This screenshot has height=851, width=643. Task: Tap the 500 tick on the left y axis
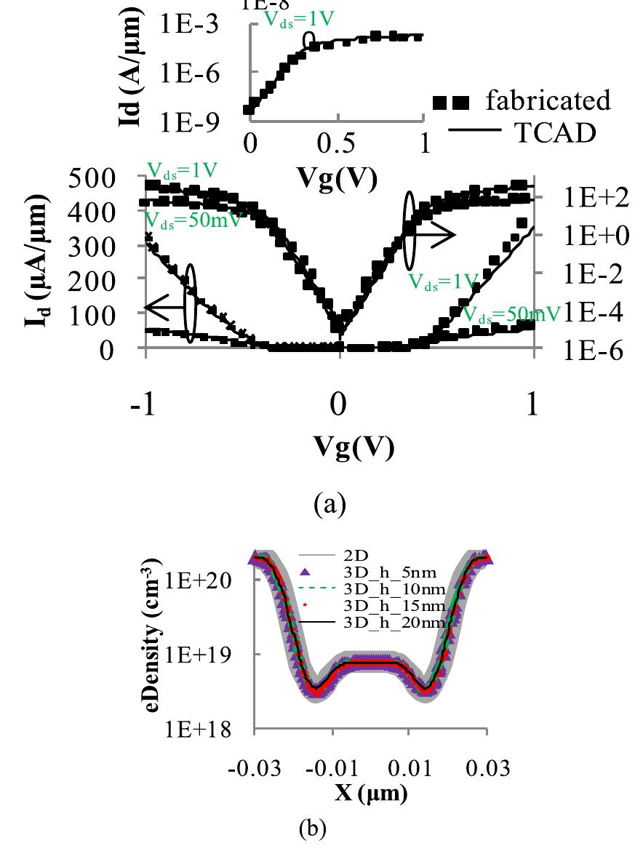(x=96, y=177)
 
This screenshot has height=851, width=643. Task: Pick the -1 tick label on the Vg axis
(x=146, y=404)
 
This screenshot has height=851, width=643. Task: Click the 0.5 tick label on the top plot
(x=336, y=143)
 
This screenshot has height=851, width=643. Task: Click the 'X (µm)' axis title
(x=371, y=792)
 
